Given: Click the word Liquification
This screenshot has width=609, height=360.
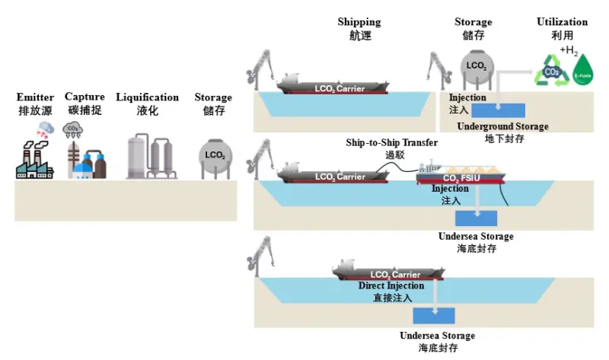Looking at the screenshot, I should tap(147, 97).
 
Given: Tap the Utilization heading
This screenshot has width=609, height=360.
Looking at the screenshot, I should tap(562, 22).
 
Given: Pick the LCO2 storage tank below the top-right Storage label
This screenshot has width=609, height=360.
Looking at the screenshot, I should tap(477, 66).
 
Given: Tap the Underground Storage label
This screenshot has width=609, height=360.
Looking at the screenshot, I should tap(502, 126).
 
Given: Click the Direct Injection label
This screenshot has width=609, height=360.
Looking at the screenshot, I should tap(391, 286).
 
